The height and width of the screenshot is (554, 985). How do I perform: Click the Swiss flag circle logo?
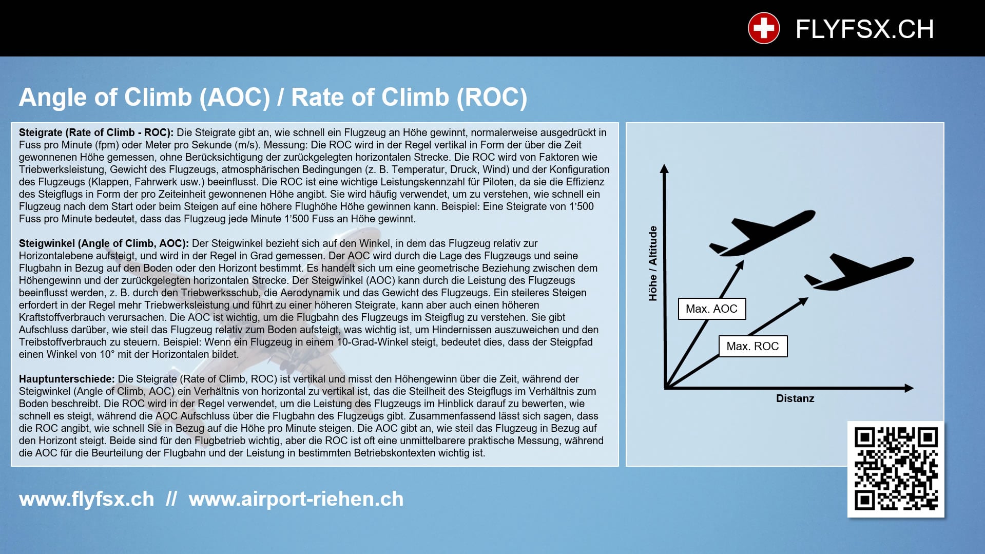(763, 28)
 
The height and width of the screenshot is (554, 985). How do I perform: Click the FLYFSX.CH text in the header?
(864, 29)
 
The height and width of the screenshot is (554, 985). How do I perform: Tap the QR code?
(896, 469)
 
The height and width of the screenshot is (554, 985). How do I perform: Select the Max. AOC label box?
(711, 309)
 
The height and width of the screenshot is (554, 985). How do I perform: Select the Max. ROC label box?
(752, 347)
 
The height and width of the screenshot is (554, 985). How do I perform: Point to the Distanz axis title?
(795, 398)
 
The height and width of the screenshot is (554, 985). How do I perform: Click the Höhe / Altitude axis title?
(653, 263)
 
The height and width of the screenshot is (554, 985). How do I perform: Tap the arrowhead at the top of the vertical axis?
(664, 169)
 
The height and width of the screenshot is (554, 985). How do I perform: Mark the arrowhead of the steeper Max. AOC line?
(741, 264)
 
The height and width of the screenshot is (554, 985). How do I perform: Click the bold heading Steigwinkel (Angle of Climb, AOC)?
(104, 243)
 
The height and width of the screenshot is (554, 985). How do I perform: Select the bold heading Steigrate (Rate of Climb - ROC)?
(96, 132)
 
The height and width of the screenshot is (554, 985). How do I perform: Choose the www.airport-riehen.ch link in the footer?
(296, 499)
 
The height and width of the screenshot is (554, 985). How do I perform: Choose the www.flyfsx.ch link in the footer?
(86, 499)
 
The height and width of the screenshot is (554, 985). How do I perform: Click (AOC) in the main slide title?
(235, 98)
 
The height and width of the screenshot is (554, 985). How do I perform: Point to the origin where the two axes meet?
(665, 388)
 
